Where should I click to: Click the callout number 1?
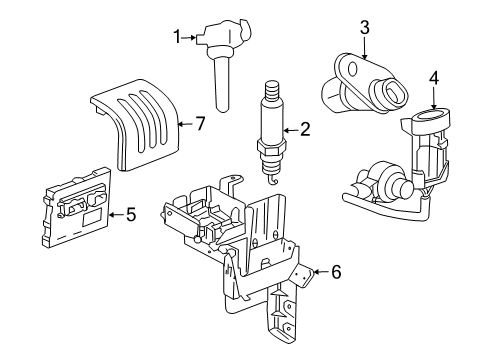pos(177,38)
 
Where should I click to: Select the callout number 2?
pos(305,128)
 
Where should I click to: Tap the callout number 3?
pos(365,26)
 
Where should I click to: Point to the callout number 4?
pos(434,77)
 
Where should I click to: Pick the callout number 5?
pos(130,213)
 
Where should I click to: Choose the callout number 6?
pos(336,271)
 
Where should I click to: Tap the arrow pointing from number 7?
pos(184,124)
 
